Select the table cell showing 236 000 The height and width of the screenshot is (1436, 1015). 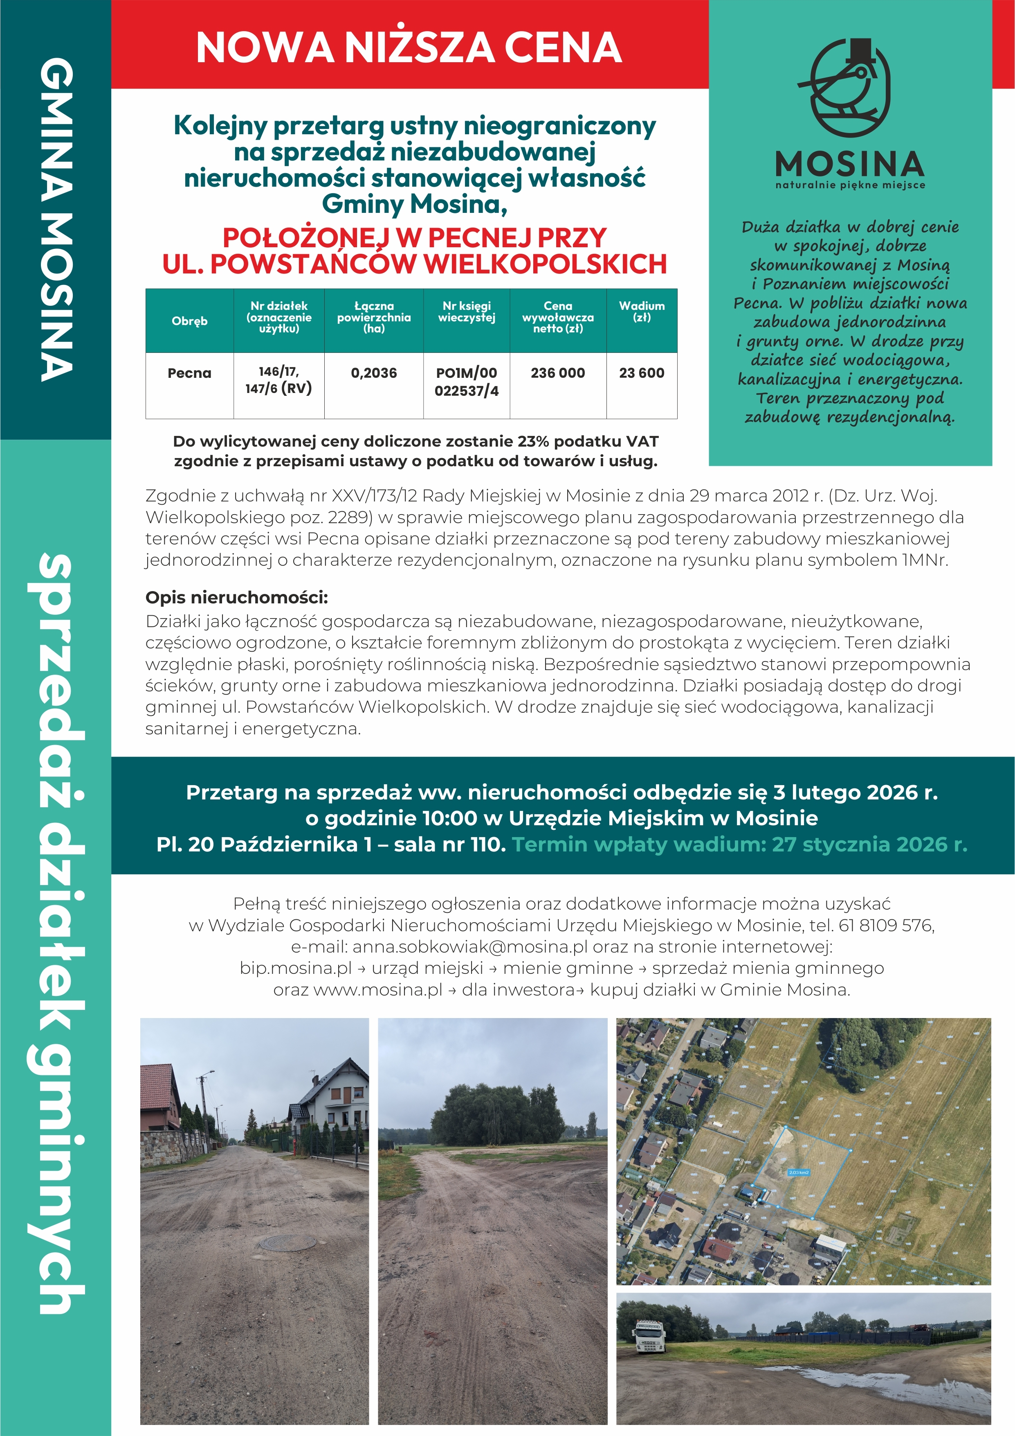coord(557,373)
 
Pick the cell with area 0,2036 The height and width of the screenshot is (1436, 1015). coord(374,373)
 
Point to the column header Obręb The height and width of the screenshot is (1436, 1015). coord(189,321)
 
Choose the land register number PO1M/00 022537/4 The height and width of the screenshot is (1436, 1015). coord(466,382)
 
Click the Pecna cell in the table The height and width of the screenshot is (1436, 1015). coord(189,373)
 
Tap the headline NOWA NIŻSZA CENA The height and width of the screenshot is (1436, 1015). coord(409,47)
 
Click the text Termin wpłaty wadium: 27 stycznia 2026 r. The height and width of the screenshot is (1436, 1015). coord(739,844)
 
